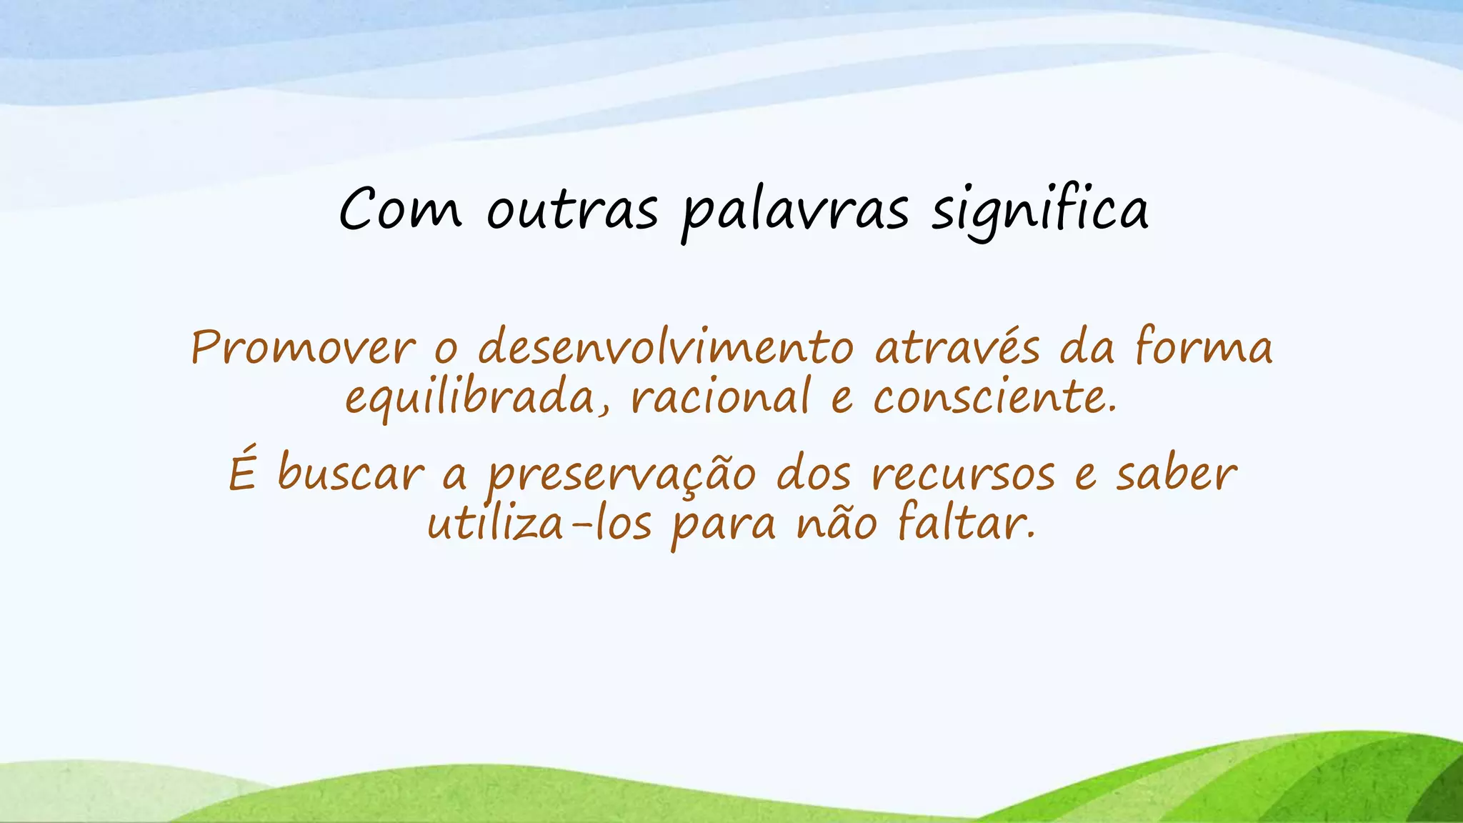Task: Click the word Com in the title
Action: point(400,210)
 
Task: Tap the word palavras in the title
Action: point(795,212)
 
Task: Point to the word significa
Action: point(1039,210)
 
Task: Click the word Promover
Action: point(303,348)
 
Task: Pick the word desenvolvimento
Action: point(665,348)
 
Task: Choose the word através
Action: point(957,348)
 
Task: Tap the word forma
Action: point(1203,348)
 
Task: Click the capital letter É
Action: point(242,471)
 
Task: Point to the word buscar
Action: point(350,474)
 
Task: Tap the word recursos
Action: point(963,475)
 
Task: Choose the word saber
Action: point(1176,474)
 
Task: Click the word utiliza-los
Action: point(539,524)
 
